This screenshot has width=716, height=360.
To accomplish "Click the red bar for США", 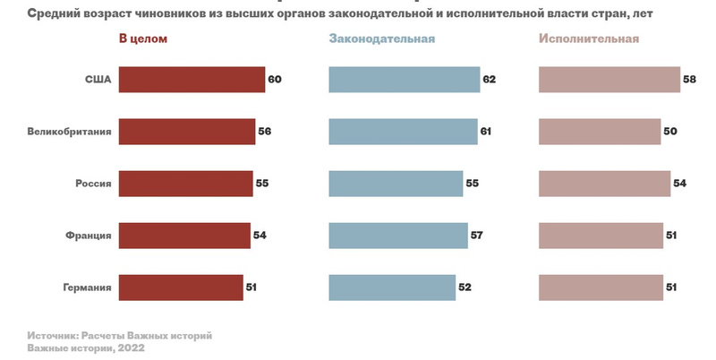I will tap(192, 80).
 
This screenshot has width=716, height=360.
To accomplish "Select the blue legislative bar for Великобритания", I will tap(403, 132).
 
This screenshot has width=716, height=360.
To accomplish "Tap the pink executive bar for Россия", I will tap(604, 184).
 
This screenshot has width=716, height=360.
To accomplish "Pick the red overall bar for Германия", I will tap(181, 287).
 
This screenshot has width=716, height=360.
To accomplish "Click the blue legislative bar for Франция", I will tap(397, 236).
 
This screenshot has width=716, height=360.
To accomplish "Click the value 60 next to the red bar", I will tap(275, 80).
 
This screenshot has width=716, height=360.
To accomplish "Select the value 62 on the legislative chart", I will tap(489, 80).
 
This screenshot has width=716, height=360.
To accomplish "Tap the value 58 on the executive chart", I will tap(689, 80).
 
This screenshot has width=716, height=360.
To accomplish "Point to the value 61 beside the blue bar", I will tap(486, 132).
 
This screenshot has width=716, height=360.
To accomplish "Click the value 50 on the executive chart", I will tap(670, 132).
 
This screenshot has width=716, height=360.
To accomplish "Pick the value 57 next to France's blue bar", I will tap(476, 236).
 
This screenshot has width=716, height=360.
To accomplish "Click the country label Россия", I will tap(93, 184).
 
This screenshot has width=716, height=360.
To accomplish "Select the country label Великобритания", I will tap(70, 132).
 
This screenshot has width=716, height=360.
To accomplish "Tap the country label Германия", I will tap(87, 287).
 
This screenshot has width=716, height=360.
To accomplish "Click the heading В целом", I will tap(143, 39).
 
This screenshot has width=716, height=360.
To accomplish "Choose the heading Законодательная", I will tap(382, 39).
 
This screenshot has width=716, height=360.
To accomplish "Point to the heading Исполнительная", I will tap(589, 39).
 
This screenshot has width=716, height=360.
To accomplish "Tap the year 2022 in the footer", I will tap(131, 347).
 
